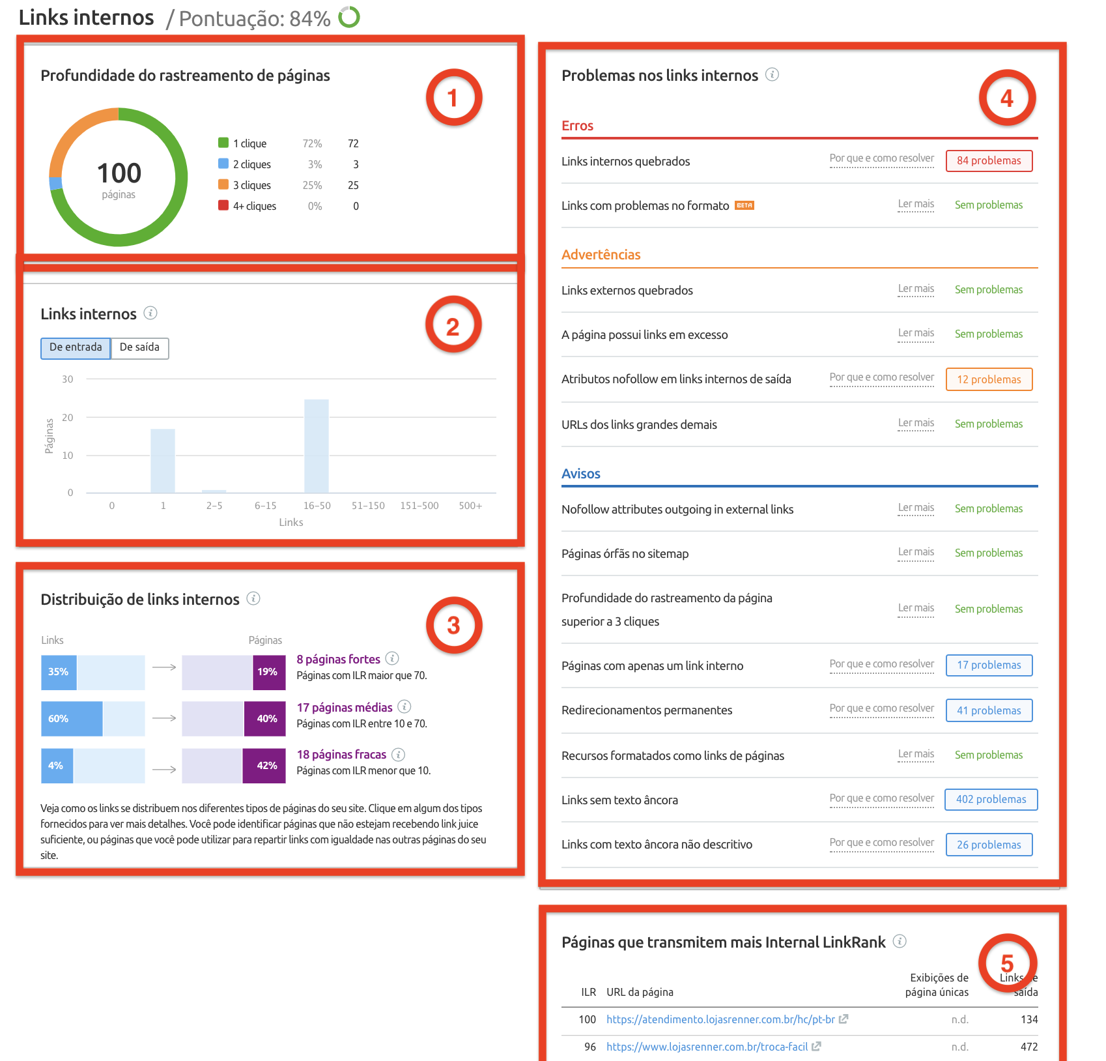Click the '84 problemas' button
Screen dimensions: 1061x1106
click(988, 161)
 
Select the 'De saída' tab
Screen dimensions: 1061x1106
click(139, 347)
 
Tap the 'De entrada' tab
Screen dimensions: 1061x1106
click(76, 347)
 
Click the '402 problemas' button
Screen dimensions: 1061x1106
click(990, 800)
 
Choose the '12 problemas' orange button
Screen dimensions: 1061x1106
click(988, 379)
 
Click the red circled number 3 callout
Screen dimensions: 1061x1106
click(453, 626)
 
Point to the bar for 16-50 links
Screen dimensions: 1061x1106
click(317, 446)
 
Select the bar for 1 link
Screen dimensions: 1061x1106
click(163, 461)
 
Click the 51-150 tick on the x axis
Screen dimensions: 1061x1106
click(368, 506)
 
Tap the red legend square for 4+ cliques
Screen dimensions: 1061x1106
click(223, 205)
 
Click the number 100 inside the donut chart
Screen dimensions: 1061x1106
click(119, 173)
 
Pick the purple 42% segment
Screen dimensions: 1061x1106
click(264, 766)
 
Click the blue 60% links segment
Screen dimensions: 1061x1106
click(72, 719)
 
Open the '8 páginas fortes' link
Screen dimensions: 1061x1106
click(338, 659)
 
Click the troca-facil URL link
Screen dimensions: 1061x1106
click(707, 1047)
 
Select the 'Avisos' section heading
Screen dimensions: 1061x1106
click(580, 474)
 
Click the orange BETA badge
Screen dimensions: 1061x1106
click(744, 205)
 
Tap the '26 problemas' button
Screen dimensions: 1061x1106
click(988, 845)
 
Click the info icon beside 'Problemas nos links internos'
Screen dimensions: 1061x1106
click(772, 74)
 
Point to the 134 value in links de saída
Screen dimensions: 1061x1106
click(1028, 1019)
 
